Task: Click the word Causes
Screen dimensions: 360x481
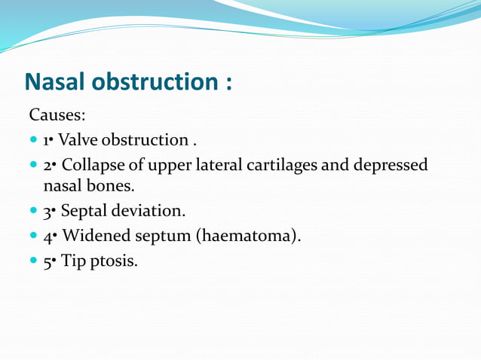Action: click(57, 115)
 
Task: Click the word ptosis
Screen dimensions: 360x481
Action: click(115, 262)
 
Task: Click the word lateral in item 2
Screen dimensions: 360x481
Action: click(216, 165)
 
